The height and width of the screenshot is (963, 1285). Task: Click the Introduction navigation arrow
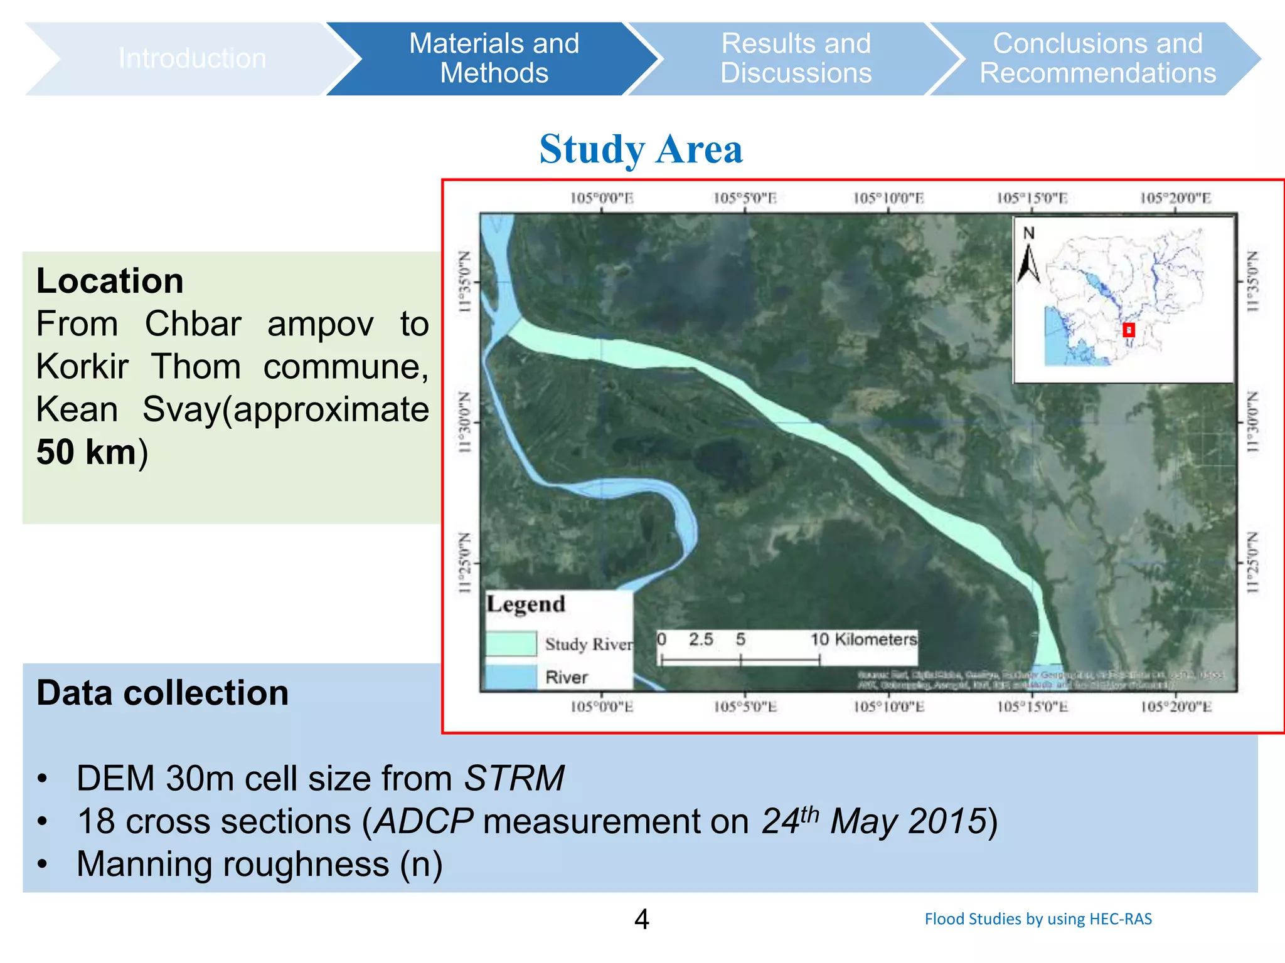tap(192, 58)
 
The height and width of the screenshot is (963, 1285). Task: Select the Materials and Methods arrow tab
tap(494, 58)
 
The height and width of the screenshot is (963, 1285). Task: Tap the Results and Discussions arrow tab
tap(796, 58)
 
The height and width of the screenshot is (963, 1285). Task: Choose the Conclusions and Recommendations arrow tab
tap(1097, 58)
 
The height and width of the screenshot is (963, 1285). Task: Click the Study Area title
tap(641, 150)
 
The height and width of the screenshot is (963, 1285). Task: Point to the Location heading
tap(110, 280)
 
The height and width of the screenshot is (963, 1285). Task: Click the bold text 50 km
tap(87, 452)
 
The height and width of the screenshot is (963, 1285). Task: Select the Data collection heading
tap(163, 693)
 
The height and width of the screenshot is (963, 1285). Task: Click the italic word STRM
tap(514, 779)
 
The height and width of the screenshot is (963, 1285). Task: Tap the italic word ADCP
tap(424, 821)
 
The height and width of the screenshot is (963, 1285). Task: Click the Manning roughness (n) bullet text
tap(260, 864)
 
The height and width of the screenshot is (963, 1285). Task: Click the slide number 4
tap(641, 919)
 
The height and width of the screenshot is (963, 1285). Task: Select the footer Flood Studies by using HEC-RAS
tap(1038, 919)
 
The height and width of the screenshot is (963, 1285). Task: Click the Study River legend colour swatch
tap(511, 643)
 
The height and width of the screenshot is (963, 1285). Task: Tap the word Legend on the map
tap(526, 604)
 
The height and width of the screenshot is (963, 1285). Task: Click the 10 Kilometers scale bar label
tap(863, 639)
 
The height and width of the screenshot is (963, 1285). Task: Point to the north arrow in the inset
tap(1028, 263)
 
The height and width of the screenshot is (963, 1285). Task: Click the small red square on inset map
tap(1129, 330)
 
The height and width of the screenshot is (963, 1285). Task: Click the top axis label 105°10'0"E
tap(888, 199)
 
